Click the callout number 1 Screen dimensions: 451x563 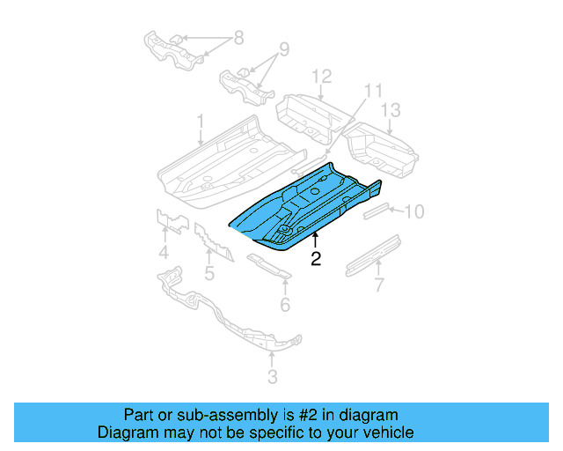tap(200, 119)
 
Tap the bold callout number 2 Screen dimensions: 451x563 tap(315, 259)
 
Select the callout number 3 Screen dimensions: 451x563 tap(272, 378)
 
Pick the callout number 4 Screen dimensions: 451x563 tap(164, 255)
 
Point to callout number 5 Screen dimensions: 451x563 tap(209, 273)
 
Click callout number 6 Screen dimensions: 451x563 tap(284, 305)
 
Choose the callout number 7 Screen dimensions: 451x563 tap(379, 285)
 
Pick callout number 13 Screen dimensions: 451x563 tap(391, 110)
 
